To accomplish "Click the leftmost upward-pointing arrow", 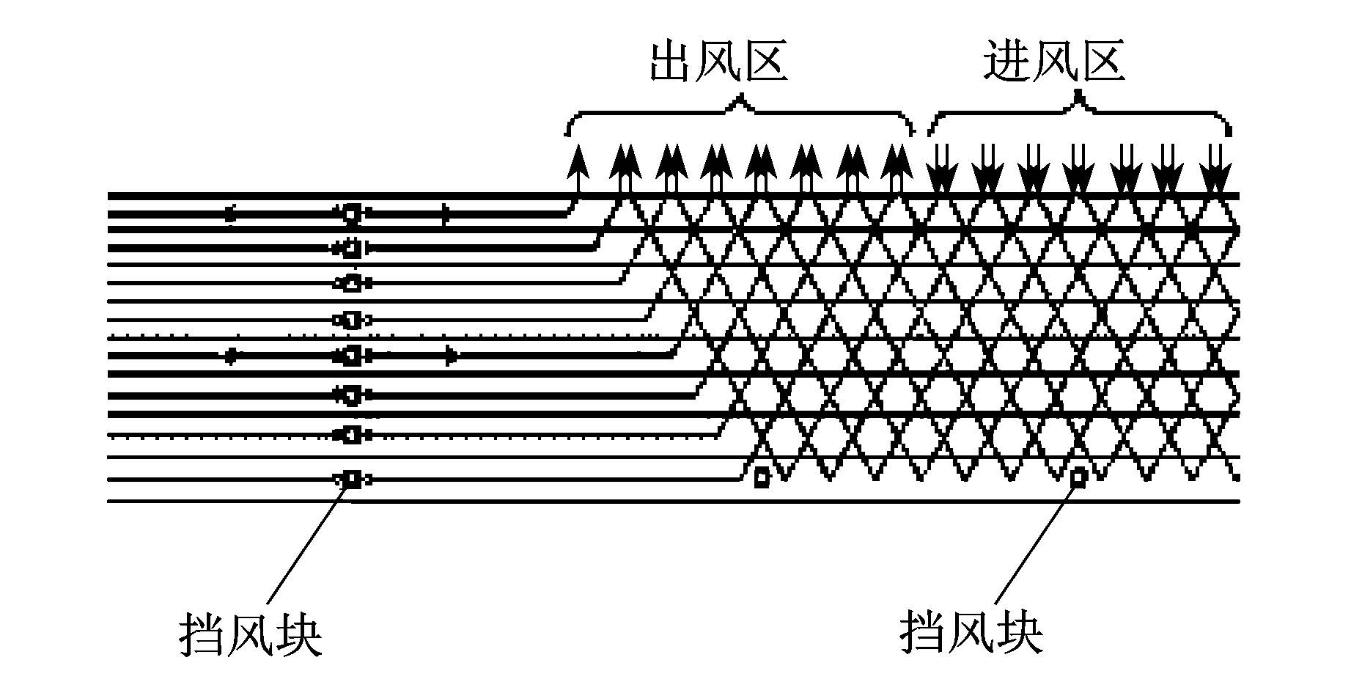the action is (x=578, y=170).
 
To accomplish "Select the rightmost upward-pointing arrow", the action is (x=895, y=170).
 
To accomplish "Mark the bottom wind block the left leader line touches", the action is (x=352, y=480).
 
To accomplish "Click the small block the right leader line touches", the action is (x=1078, y=479).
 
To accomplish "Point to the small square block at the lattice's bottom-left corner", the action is (x=762, y=477).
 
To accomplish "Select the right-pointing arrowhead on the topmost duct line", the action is (x=446, y=214).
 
